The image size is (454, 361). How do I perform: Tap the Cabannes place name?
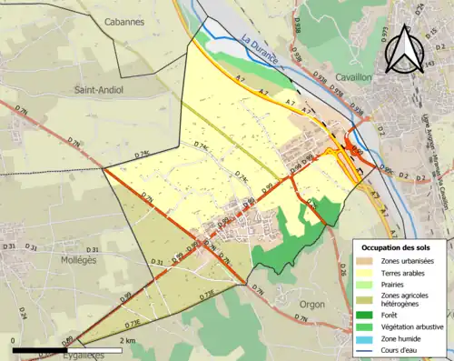coord(124,21)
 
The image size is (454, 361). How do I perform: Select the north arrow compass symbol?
coord(405,47)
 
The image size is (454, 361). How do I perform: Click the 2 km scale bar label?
coord(127,340)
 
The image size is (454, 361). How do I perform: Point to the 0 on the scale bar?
coord(13,340)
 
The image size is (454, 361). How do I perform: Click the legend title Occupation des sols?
coord(400,246)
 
